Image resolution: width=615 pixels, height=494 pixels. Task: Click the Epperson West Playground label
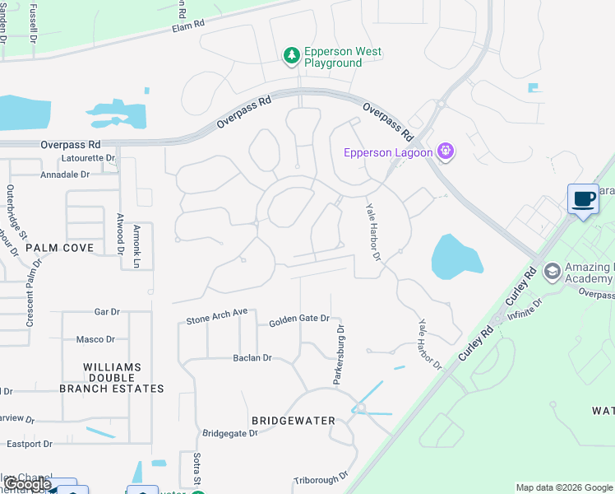coord(343,57)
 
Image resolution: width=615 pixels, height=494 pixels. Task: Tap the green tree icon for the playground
coord(291,56)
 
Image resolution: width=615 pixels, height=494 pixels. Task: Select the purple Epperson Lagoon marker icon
coord(446,151)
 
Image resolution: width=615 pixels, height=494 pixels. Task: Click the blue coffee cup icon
coord(583,199)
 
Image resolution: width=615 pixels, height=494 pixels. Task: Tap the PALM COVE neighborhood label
coord(59,247)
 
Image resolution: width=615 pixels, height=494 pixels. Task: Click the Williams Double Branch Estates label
coord(112,378)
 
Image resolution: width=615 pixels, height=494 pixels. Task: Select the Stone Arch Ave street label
coord(216,316)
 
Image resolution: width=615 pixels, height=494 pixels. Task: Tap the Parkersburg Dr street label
coord(338,354)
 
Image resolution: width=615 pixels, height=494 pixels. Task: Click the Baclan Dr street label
coord(252,358)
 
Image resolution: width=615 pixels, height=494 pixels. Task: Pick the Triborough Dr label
coord(321,476)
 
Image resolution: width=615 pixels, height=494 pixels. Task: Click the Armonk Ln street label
coord(136,247)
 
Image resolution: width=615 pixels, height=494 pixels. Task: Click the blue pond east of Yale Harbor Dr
coord(455,256)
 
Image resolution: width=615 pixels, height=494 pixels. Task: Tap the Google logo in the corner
coord(28,484)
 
